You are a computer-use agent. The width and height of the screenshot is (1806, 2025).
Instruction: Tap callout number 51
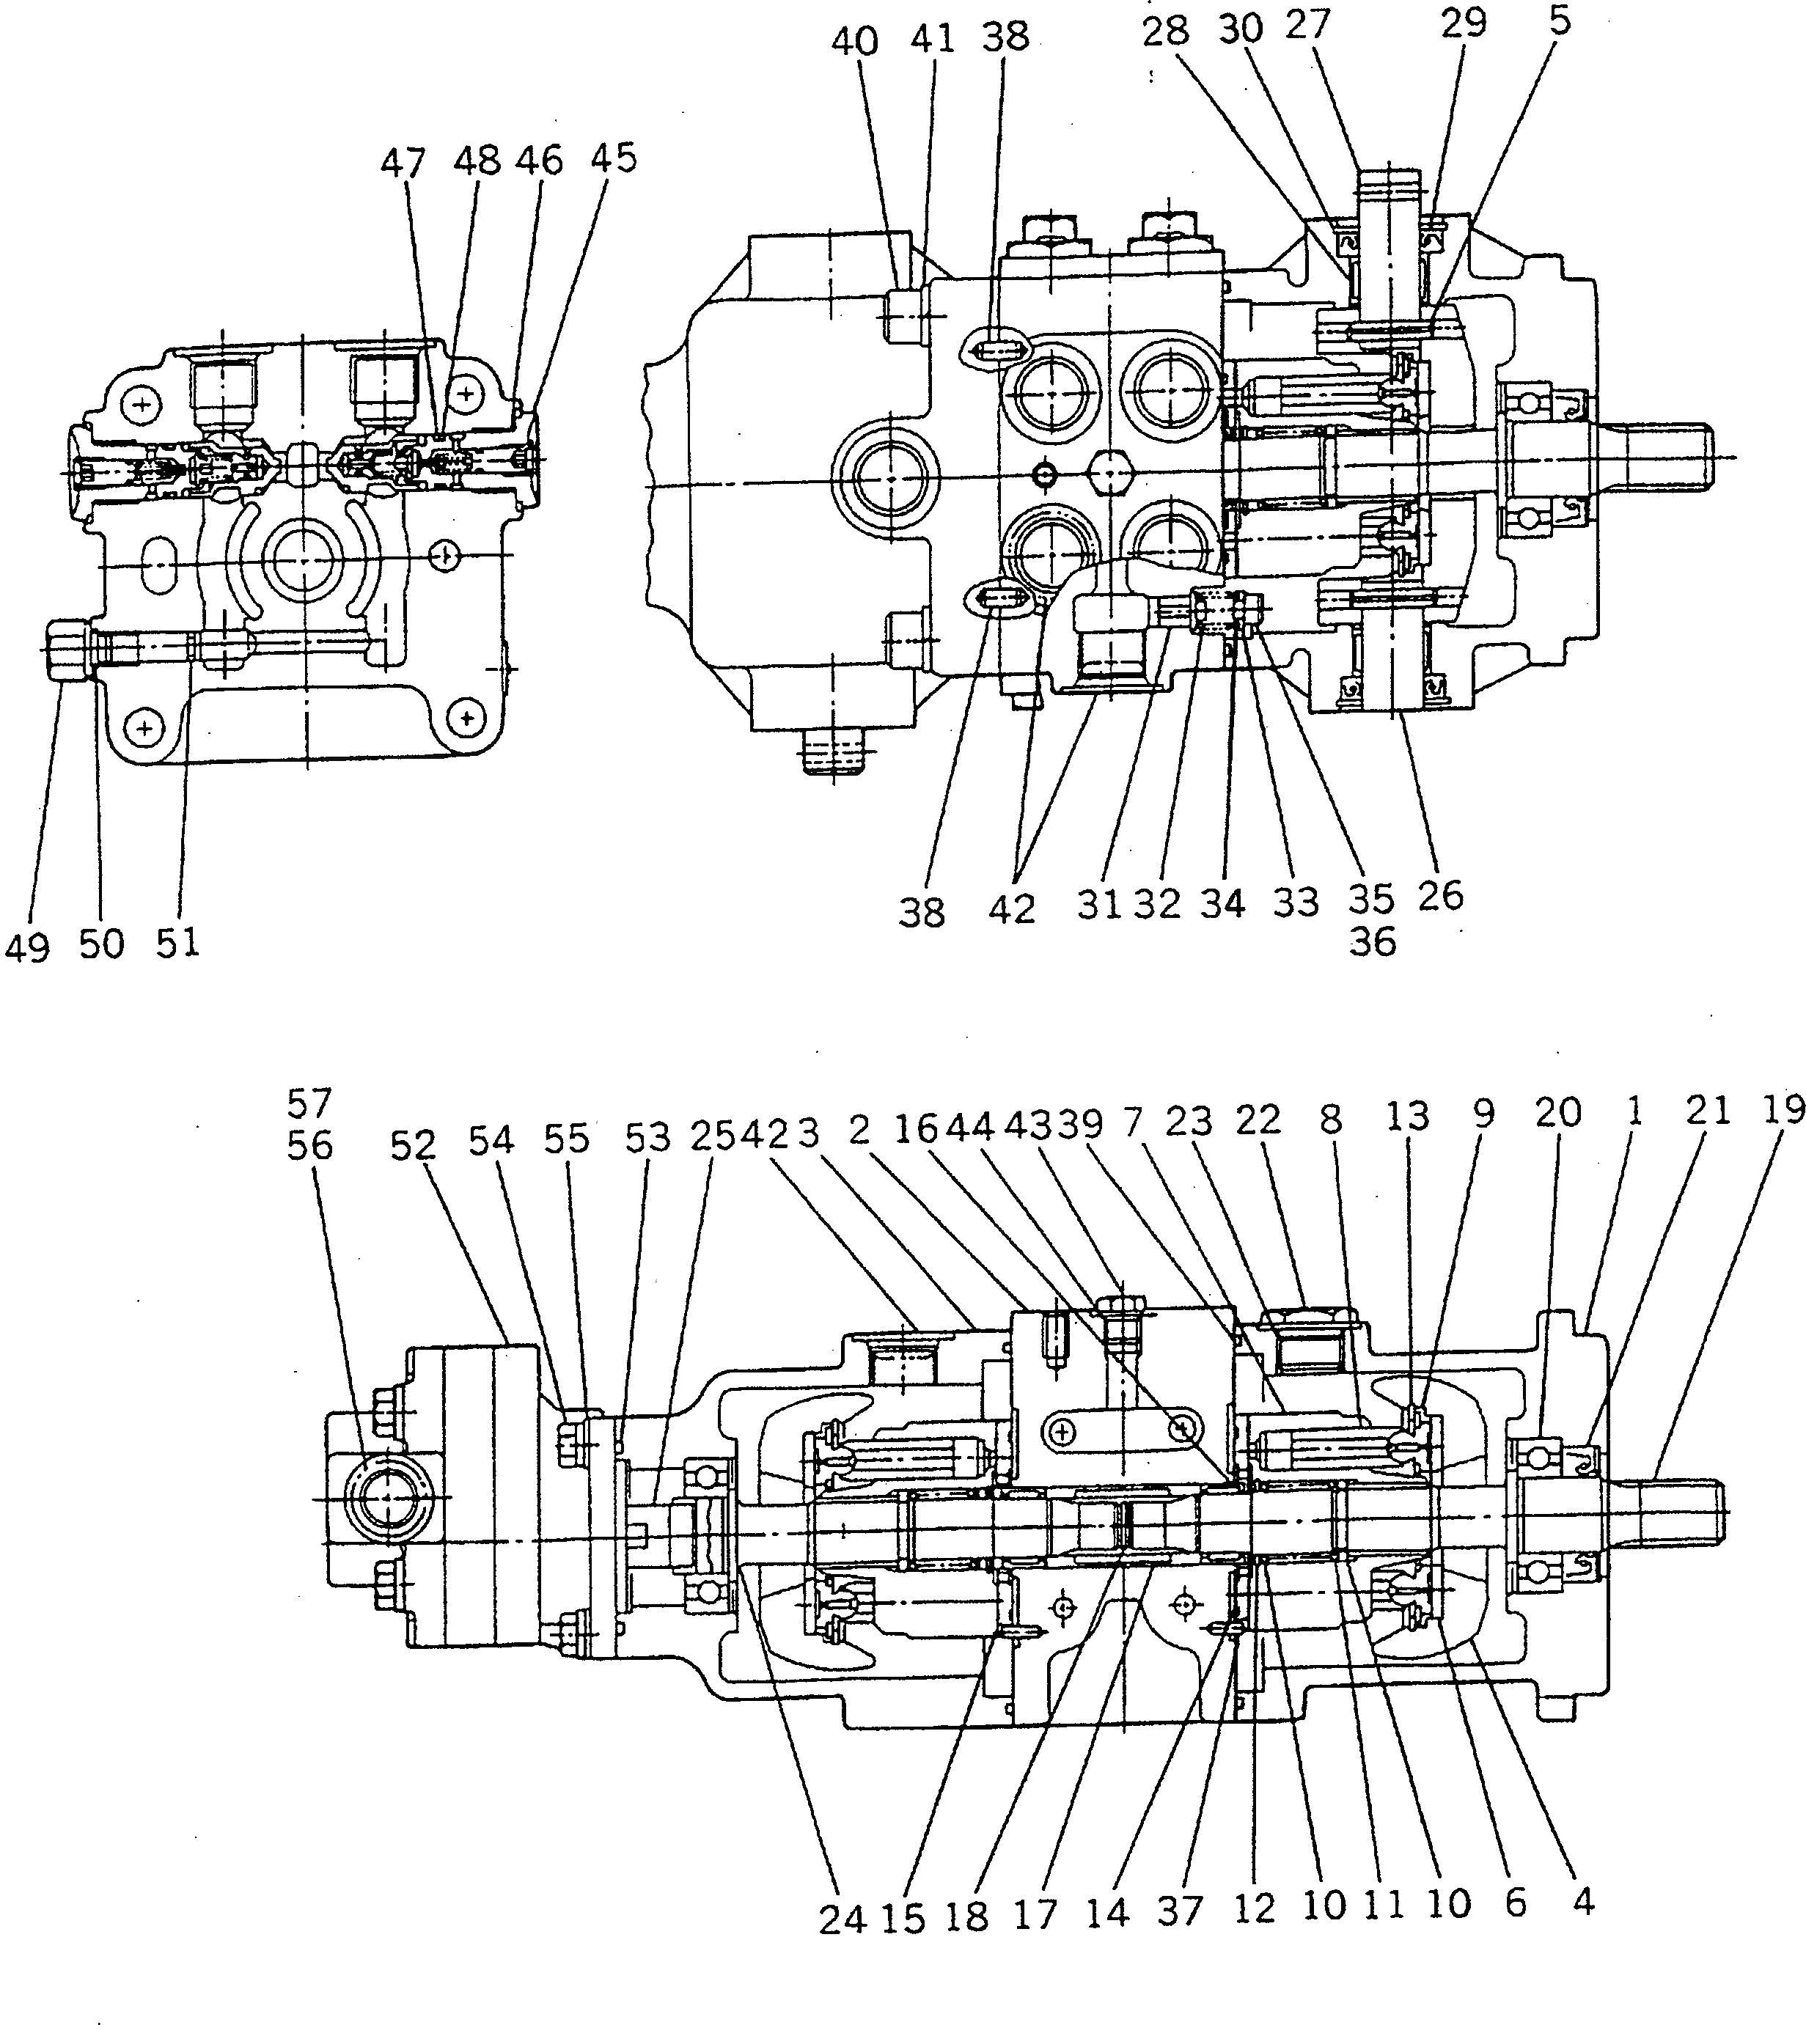[177, 943]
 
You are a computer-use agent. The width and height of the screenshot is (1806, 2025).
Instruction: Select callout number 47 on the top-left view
[402, 163]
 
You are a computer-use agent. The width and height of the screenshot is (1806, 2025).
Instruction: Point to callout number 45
[612, 157]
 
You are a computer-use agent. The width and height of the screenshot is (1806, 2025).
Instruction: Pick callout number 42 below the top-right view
[1011, 909]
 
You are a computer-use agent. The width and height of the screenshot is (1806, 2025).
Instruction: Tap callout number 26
[1440, 895]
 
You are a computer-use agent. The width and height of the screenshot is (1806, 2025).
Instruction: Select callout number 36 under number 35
[1373, 941]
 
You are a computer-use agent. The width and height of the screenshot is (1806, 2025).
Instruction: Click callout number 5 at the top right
[1560, 22]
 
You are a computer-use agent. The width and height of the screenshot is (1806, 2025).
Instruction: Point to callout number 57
[309, 1101]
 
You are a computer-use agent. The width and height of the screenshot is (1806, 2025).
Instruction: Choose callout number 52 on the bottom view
[413, 1146]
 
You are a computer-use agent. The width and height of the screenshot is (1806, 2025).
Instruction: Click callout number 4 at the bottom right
[1584, 1901]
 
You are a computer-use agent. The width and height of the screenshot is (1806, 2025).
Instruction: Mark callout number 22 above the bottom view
[1258, 1120]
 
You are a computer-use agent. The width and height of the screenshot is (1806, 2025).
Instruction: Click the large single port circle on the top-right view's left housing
[885, 478]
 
